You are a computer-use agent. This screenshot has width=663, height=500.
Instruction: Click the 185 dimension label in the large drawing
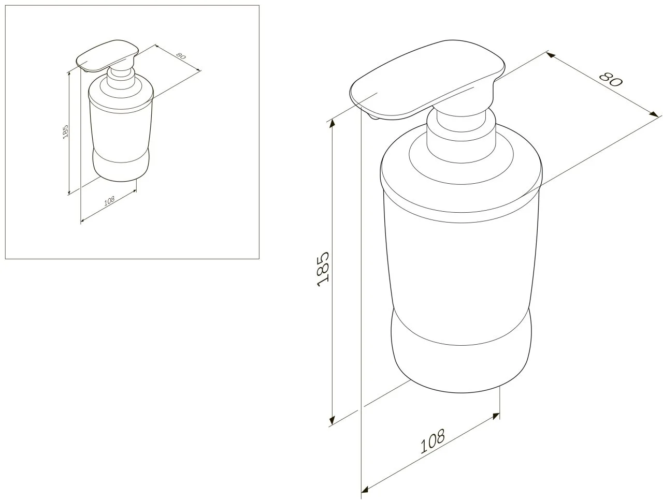coord(323,269)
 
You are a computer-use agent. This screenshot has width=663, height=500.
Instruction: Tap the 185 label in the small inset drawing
coord(66,131)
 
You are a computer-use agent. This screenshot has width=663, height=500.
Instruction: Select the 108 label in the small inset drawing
coord(109,200)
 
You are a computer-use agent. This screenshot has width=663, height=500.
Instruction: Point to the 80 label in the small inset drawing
coord(181,56)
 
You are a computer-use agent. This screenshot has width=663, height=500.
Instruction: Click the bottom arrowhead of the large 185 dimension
coord(332,419)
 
